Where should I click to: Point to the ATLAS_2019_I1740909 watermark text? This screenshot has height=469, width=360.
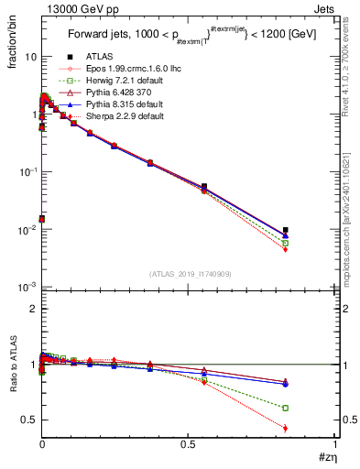coord(190,274)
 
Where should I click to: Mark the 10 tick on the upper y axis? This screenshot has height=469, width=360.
coord(30,57)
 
